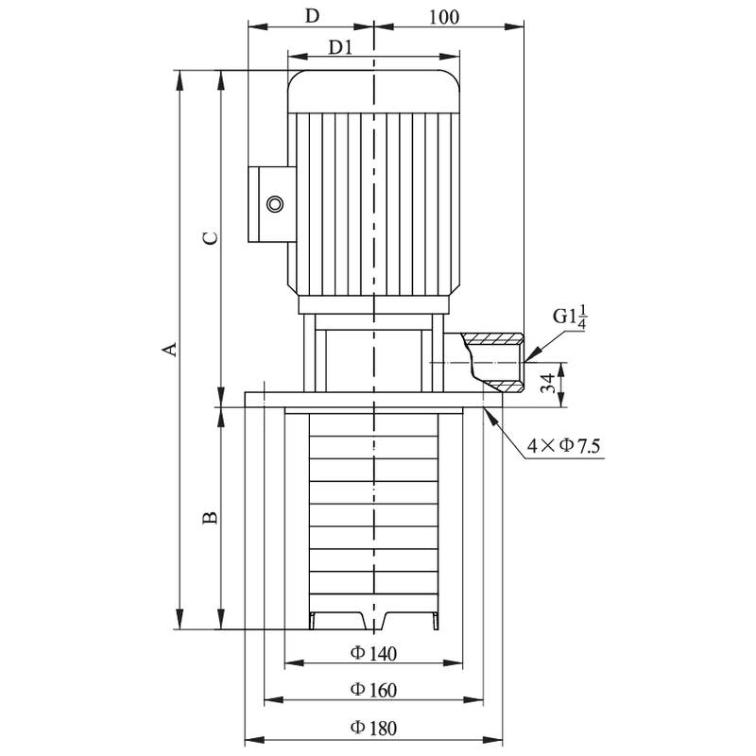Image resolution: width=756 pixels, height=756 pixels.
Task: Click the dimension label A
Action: (x=169, y=350)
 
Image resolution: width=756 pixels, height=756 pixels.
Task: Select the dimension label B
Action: (x=212, y=518)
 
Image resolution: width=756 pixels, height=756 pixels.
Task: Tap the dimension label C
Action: (x=212, y=237)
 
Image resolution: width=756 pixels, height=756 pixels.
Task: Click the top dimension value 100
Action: (x=443, y=16)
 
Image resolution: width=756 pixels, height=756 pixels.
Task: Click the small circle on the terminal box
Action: (x=275, y=204)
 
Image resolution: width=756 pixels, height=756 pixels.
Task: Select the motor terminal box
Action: (x=268, y=204)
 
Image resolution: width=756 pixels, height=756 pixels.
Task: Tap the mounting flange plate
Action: (x=373, y=400)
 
